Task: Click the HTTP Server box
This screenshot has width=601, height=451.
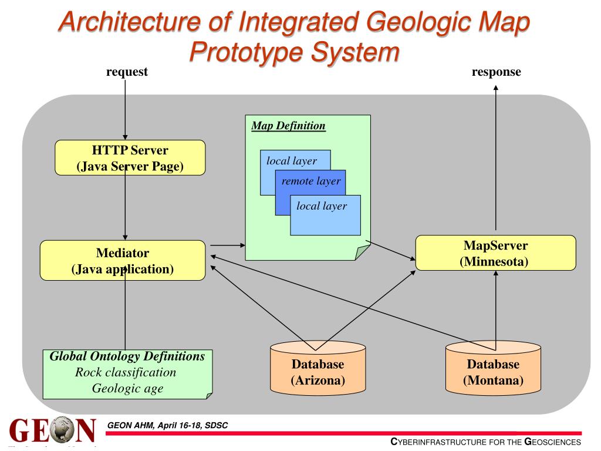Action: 130,157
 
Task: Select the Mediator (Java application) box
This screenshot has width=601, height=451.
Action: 123,261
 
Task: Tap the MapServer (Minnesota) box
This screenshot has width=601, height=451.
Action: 495,253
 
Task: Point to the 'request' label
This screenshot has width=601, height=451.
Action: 126,72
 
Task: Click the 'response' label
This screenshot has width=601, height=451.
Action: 496,72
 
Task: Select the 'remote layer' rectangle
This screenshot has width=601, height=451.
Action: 310,181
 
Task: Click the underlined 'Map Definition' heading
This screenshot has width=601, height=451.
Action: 288,126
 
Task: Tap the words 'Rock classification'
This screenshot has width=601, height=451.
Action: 126,372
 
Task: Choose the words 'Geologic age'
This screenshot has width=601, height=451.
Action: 127,388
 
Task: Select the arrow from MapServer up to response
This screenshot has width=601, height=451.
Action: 496,159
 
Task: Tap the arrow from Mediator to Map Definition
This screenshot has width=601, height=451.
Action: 225,244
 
